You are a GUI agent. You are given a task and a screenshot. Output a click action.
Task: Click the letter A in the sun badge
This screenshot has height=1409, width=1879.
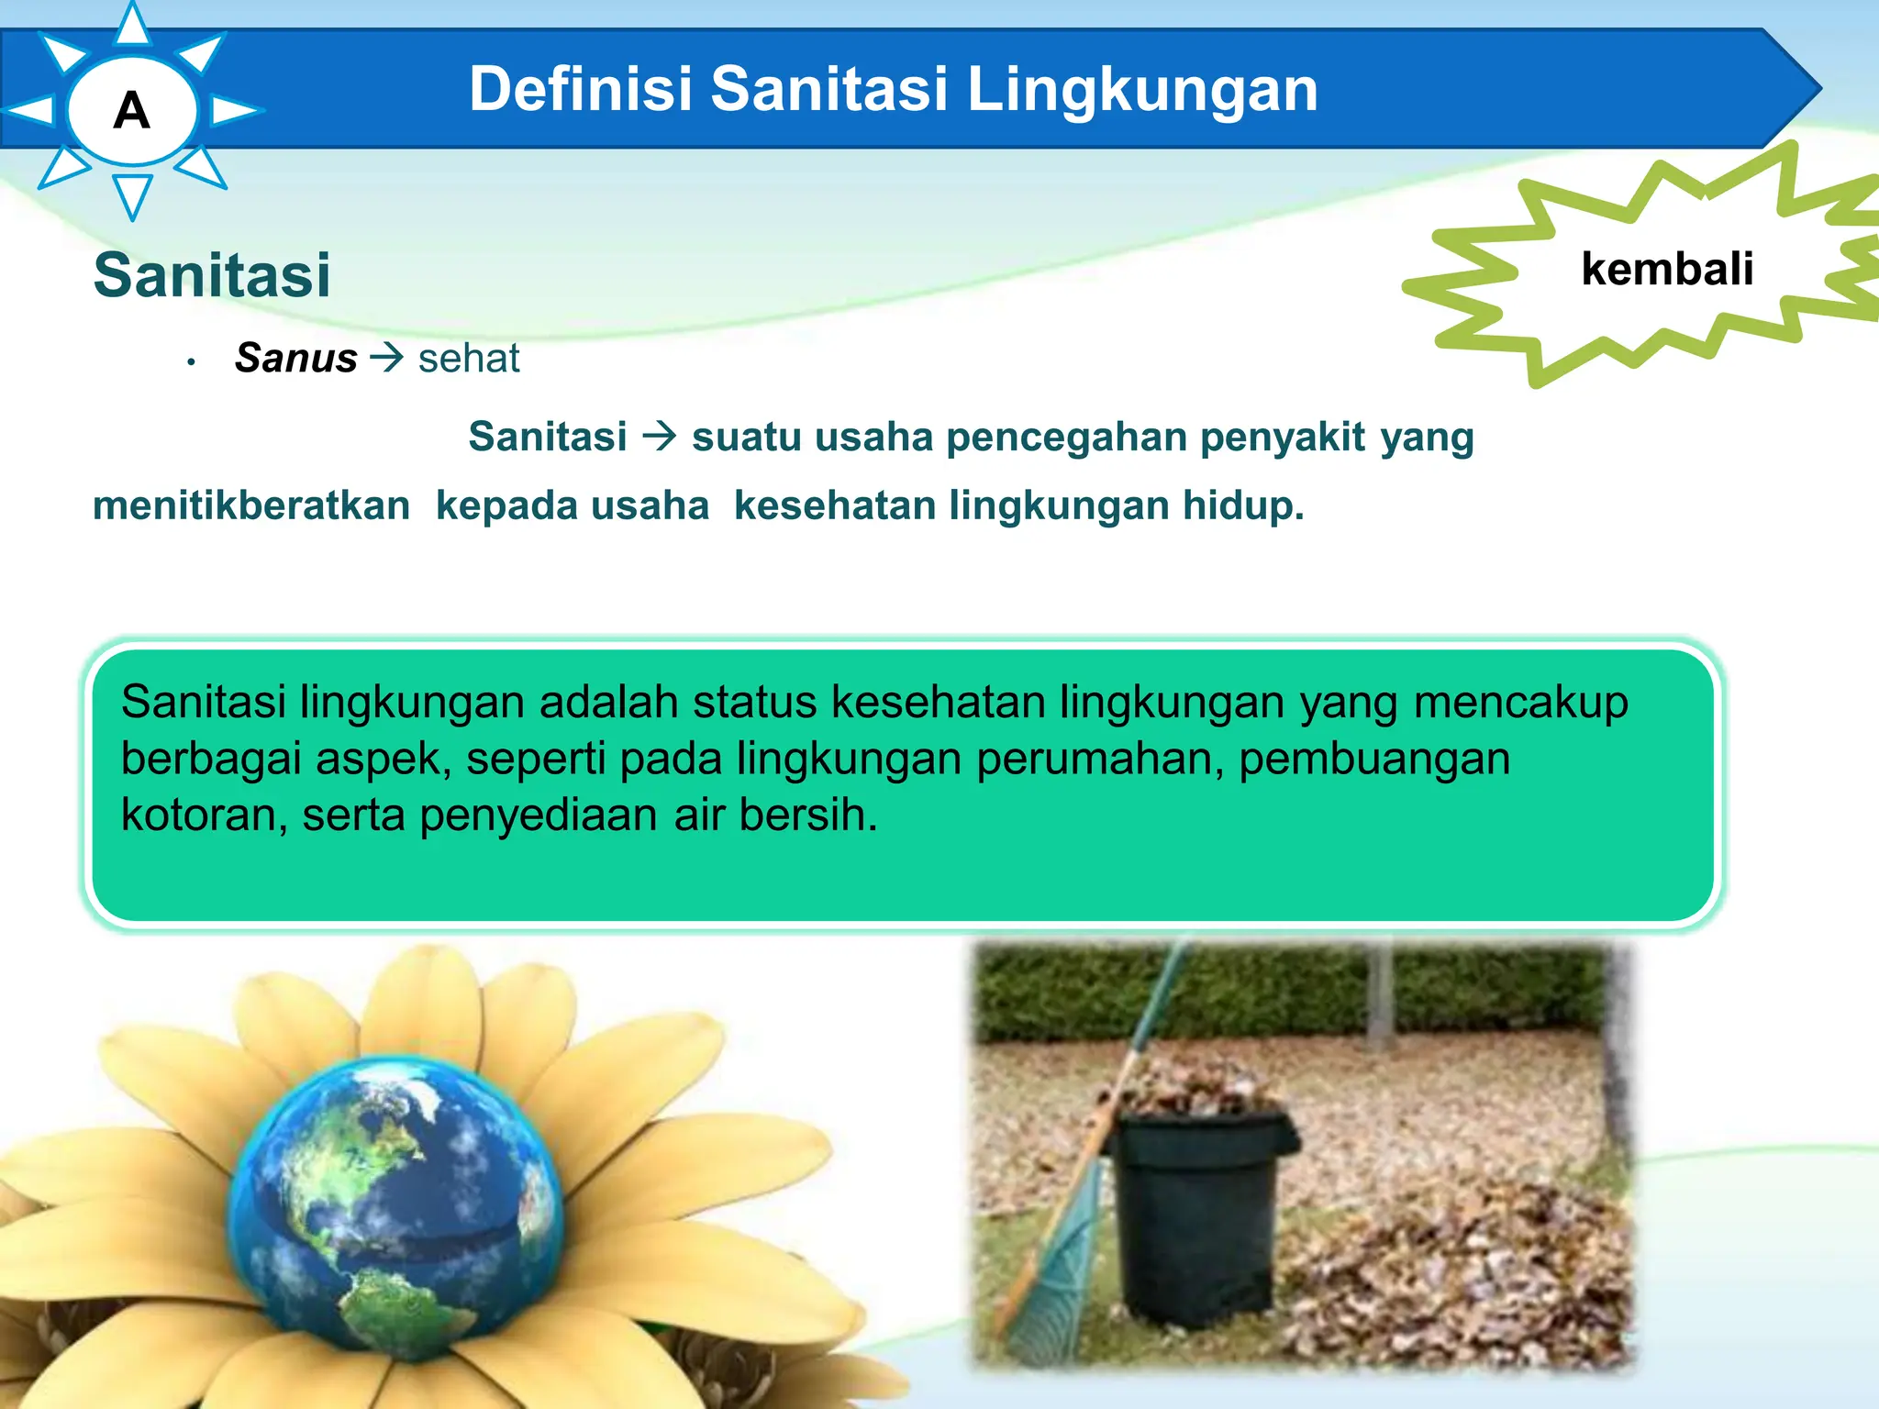pos(132,112)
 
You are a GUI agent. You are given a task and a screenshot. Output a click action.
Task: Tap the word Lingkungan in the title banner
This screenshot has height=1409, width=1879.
pos(1142,90)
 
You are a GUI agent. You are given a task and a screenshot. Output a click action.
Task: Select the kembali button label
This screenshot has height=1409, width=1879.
pos(1667,270)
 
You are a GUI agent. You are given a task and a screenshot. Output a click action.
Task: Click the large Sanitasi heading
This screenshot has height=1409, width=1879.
pos(212,275)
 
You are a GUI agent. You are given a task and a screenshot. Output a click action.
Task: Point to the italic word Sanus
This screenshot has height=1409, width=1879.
pos(295,358)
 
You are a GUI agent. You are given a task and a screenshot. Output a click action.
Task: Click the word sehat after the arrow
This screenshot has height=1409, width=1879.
pos(469,358)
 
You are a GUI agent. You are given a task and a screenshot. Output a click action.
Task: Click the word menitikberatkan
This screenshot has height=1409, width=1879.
pos(251,506)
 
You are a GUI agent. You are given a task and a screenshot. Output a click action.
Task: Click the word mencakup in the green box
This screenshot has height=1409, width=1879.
pos(1521,703)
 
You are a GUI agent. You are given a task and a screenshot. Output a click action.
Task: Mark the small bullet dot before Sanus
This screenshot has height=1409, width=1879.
pos(191,362)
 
